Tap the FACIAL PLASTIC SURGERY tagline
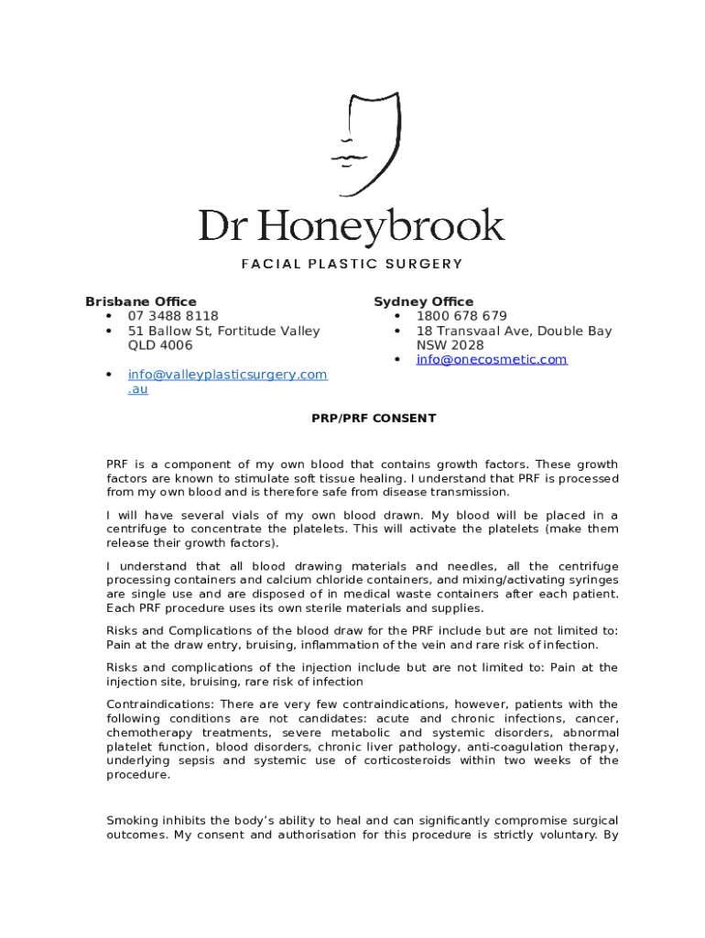(352, 264)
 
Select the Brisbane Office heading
(140, 301)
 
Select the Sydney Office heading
(423, 301)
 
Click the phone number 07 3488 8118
(173, 316)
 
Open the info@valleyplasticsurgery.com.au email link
(227, 375)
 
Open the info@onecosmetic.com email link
(492, 359)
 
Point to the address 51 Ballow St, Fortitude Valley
(223, 331)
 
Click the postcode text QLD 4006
(160, 345)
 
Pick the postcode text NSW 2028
(450, 345)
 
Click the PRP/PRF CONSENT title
(374, 419)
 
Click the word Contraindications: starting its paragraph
(158, 704)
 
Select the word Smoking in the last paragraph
(134, 821)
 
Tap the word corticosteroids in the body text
(396, 761)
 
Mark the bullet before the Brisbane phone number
(109, 316)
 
